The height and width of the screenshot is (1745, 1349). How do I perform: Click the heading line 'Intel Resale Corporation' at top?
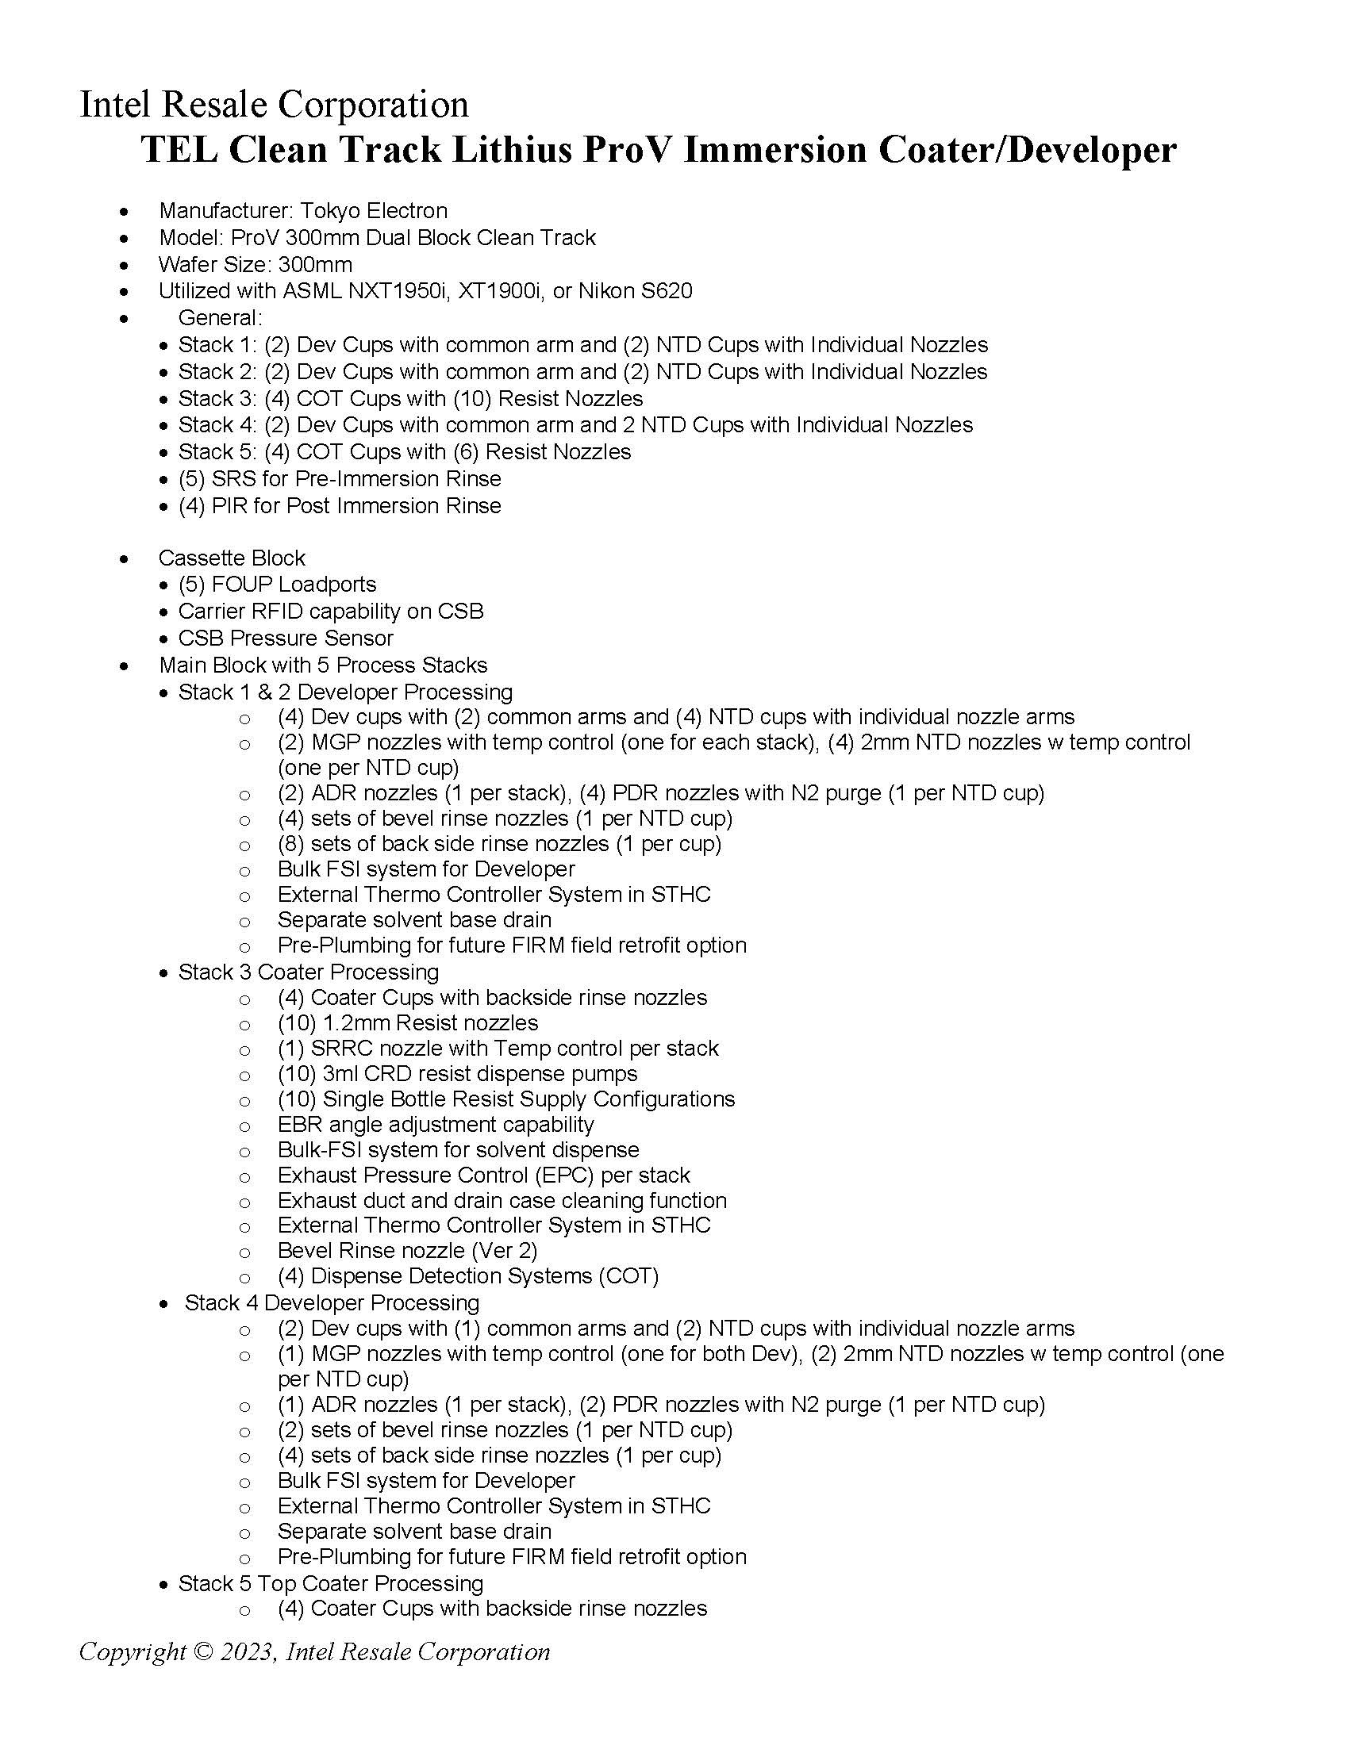click(x=274, y=105)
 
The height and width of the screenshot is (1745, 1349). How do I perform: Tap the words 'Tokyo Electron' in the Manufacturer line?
click(x=373, y=211)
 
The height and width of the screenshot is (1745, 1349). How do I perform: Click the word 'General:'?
click(x=220, y=318)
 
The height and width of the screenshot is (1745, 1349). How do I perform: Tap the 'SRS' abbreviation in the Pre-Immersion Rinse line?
click(x=233, y=479)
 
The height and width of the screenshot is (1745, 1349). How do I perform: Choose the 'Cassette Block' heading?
click(x=232, y=558)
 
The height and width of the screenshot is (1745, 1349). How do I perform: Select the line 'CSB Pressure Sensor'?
click(x=286, y=639)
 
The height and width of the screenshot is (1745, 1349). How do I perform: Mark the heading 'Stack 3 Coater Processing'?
click(x=309, y=972)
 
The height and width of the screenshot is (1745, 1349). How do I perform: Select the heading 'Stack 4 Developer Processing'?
click(x=332, y=1303)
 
